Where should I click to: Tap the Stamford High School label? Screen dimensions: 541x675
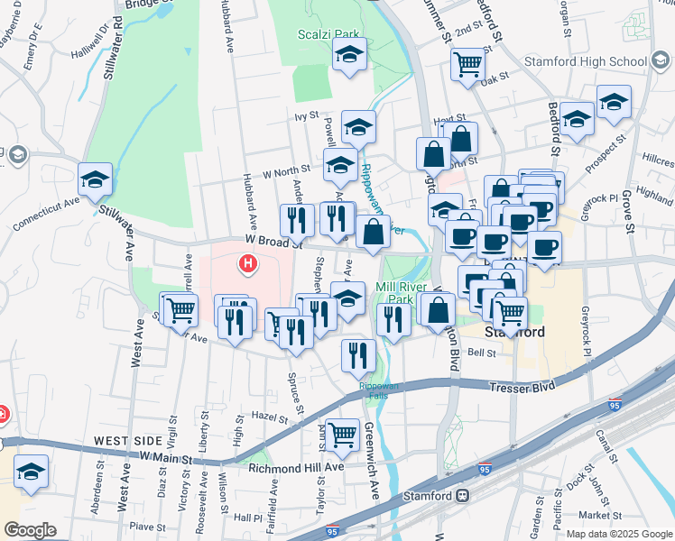tap(584, 61)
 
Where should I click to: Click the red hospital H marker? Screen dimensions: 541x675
tap(247, 263)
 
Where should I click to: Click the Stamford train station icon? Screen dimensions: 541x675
tap(463, 494)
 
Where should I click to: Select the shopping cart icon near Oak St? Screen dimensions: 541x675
tap(468, 63)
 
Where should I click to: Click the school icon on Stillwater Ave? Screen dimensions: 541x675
tap(95, 179)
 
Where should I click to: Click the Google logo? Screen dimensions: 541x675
tap(29, 530)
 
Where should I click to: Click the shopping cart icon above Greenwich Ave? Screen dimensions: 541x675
tap(342, 435)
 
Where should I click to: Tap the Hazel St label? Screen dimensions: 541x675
tap(269, 416)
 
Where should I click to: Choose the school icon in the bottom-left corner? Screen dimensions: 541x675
tap(32, 472)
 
